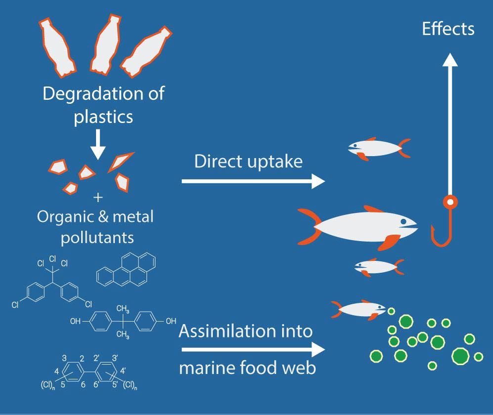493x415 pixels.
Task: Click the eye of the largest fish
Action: coord(404,221)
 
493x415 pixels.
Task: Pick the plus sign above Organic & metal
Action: coord(98,197)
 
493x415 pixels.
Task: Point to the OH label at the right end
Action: coord(171,321)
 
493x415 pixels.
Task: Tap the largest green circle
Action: coord(460,355)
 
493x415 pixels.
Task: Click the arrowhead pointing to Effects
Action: coord(449,59)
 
